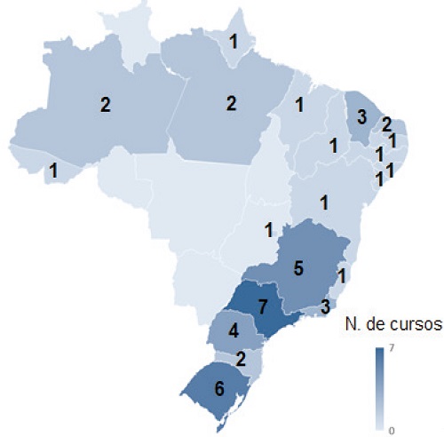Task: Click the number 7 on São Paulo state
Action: click(x=262, y=306)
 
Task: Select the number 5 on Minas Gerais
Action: click(x=298, y=267)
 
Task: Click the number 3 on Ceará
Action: click(x=361, y=116)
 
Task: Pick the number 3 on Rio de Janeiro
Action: click(x=326, y=307)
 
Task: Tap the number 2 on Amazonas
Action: click(x=105, y=105)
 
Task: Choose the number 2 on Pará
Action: click(x=231, y=104)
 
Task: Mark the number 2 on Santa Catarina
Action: click(x=241, y=359)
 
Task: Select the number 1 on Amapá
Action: click(x=234, y=41)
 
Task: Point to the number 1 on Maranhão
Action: click(x=299, y=105)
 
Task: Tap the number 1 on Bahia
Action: click(x=324, y=202)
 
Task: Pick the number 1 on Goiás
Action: click(x=267, y=231)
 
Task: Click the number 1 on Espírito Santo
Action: click(x=341, y=276)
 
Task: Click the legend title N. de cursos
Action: click(x=392, y=326)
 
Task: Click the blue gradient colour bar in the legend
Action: click(x=379, y=388)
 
